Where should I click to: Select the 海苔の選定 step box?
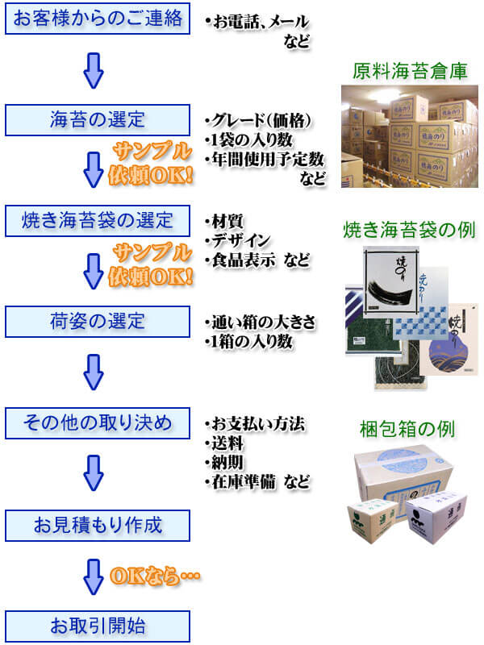point(98,120)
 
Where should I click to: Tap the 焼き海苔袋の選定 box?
point(98,219)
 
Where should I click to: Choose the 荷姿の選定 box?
point(98,321)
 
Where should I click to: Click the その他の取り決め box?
point(98,422)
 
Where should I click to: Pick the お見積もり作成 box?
point(98,526)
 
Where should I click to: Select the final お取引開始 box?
point(98,626)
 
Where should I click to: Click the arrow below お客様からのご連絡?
point(94,70)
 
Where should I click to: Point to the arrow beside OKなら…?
point(94,576)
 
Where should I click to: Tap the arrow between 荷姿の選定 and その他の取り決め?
point(94,372)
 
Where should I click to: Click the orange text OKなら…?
point(154,576)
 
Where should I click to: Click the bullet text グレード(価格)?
point(259,121)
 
